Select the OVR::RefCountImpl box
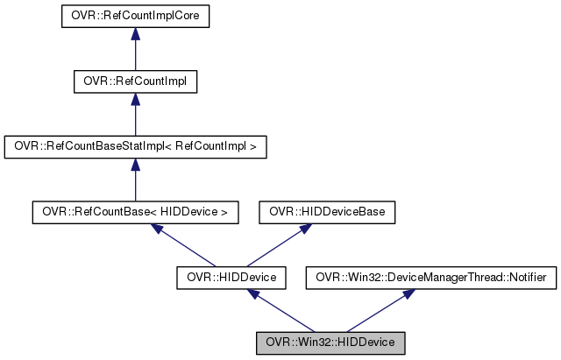(x=134, y=81)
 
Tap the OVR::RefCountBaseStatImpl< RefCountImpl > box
(x=134, y=146)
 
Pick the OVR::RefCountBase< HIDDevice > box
(x=134, y=211)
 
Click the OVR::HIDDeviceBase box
(x=327, y=211)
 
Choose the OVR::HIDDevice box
(x=226, y=278)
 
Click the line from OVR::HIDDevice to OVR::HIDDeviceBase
(x=276, y=247)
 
